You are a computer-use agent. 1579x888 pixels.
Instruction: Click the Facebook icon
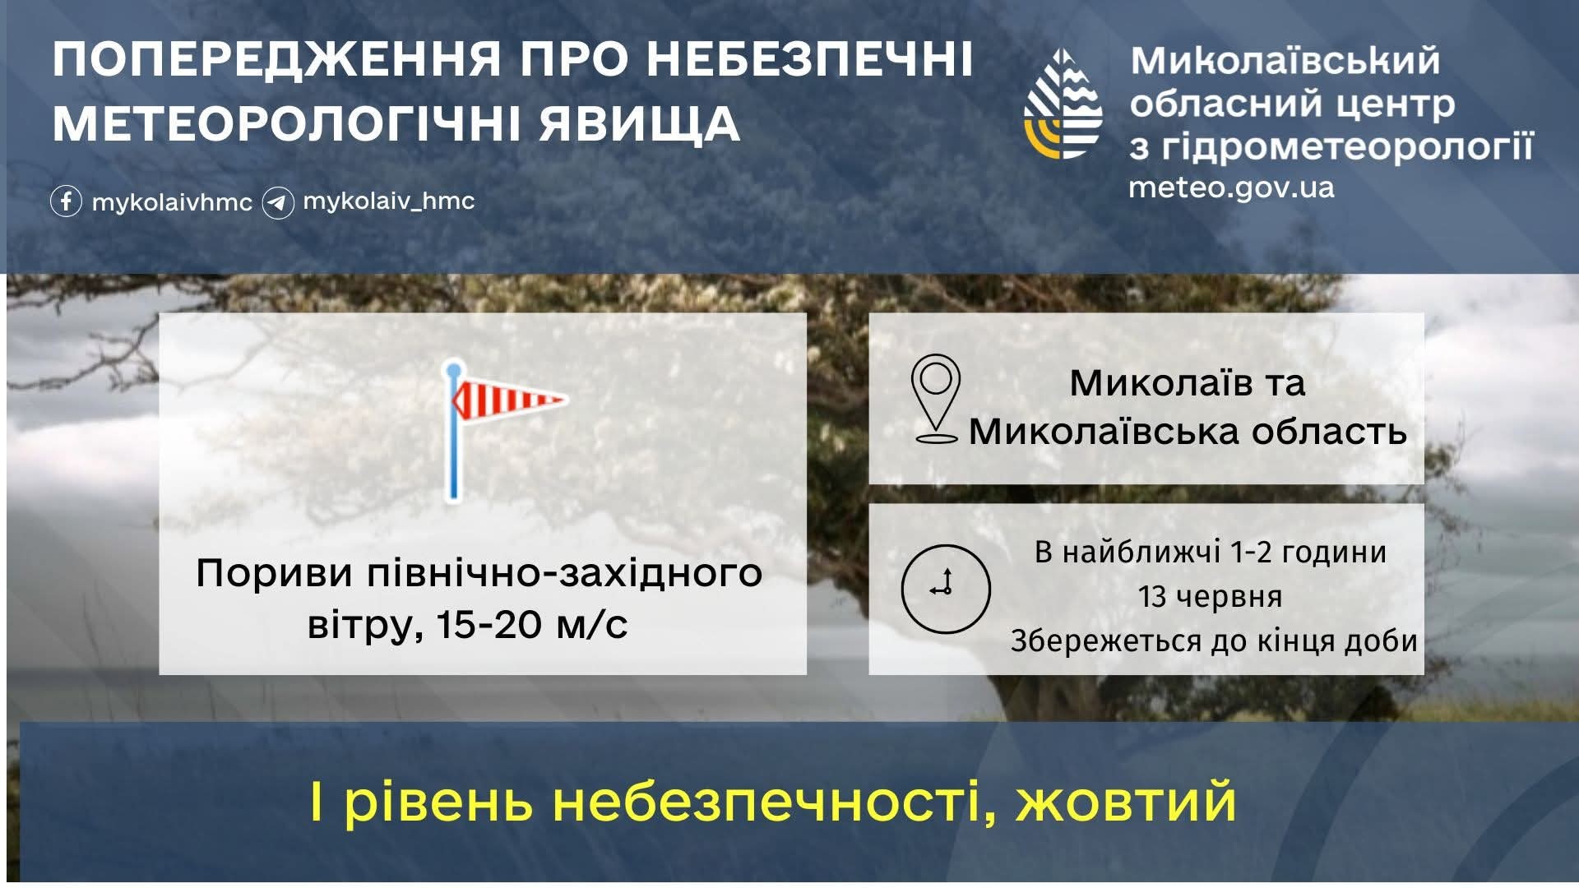point(66,201)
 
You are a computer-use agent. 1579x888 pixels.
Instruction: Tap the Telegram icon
point(278,202)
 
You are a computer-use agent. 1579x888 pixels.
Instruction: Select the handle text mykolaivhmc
point(172,203)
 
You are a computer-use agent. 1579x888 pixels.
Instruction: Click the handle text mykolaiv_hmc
point(388,201)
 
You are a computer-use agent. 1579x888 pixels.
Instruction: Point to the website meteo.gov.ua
point(1231,187)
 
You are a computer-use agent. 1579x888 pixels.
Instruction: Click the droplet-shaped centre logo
point(1063,104)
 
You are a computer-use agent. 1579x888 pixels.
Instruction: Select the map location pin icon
point(936,399)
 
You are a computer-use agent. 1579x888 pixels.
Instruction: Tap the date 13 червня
point(1210,596)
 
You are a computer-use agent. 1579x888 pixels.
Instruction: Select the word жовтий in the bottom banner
point(1127,802)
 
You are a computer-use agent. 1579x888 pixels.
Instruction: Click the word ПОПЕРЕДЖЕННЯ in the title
point(277,59)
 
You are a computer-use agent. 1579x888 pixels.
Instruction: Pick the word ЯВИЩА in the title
point(639,125)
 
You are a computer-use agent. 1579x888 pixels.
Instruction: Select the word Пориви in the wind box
point(274,574)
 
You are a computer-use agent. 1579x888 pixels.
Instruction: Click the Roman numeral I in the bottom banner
point(317,802)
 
